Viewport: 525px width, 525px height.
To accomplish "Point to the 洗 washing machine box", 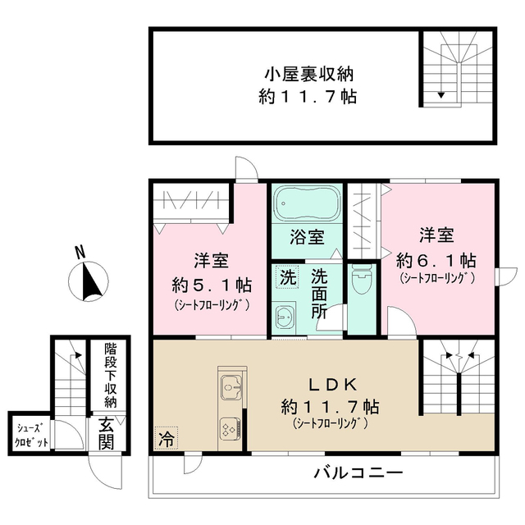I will [x=285, y=277].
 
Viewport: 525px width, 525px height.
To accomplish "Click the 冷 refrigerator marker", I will [x=166, y=439].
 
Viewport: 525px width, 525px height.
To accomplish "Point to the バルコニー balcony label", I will [x=358, y=474].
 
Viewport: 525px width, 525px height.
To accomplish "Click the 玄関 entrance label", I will [x=107, y=432].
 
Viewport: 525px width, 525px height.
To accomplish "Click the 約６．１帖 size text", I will [x=436, y=259].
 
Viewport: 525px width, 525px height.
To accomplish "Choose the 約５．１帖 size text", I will [x=212, y=285].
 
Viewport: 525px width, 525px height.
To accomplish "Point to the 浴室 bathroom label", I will [x=307, y=239].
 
